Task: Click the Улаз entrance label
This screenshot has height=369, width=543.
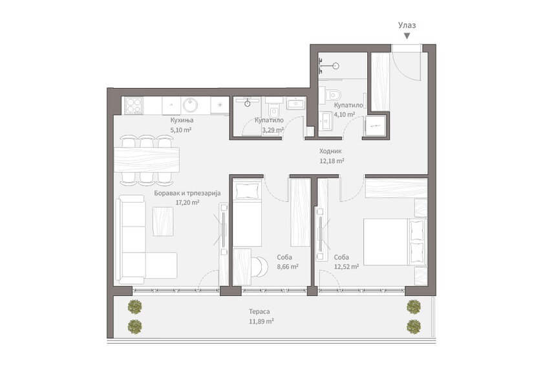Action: tap(407, 25)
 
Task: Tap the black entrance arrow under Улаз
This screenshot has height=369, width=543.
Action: tap(407, 36)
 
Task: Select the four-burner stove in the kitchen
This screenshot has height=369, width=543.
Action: tap(134, 106)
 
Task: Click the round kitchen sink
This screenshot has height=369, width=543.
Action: tap(191, 106)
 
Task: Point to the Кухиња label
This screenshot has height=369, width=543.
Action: tap(182, 120)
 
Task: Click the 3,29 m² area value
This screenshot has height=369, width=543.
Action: tap(273, 130)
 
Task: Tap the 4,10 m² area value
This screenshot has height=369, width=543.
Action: tap(344, 114)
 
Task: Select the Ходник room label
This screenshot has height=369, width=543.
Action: tap(330, 151)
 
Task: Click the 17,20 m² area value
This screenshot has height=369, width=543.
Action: tap(187, 203)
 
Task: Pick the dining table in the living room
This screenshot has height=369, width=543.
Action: tap(147, 160)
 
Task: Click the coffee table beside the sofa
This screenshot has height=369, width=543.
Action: tap(163, 221)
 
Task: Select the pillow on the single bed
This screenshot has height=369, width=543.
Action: tap(247, 190)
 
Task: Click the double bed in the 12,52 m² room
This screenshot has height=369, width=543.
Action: tap(395, 242)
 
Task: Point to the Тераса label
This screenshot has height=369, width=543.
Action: tap(259, 312)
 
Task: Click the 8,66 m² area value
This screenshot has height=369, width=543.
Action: tap(288, 267)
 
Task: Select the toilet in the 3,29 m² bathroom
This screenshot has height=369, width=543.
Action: tap(274, 110)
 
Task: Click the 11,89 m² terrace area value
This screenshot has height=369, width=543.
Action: tap(261, 322)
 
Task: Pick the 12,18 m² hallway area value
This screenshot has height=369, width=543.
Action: tap(332, 161)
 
